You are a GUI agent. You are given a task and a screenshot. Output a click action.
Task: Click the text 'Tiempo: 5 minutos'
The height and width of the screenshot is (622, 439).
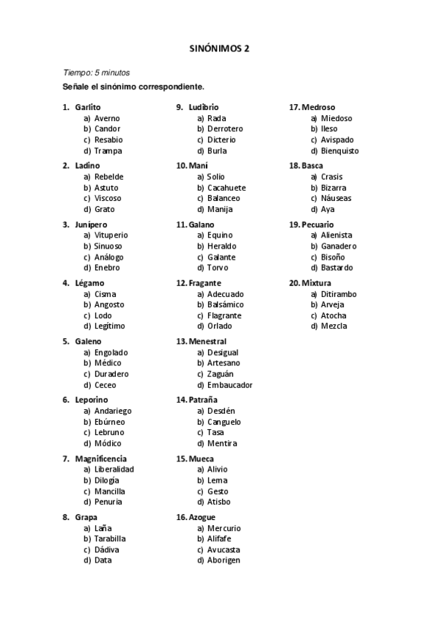coord(96,73)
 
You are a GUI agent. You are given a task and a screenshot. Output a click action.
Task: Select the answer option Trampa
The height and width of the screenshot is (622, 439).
coord(108,150)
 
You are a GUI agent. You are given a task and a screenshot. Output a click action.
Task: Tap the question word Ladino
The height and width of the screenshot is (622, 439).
coord(87,166)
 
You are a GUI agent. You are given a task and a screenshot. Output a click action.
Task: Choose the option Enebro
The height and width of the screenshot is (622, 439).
coord(107,268)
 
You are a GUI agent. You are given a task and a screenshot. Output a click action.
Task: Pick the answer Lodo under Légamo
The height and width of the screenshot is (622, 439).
coord(103,315)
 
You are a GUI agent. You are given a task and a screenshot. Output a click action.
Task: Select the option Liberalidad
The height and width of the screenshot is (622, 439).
coord(114,469)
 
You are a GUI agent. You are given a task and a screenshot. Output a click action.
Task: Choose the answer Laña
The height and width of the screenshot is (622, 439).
coord(103,528)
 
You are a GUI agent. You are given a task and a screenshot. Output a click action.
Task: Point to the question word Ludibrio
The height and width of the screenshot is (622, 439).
coord(203,107)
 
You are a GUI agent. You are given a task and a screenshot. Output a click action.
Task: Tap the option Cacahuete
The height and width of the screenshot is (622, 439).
coord(226,188)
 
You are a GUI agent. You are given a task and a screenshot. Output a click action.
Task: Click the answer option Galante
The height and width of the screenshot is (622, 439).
coord(221,257)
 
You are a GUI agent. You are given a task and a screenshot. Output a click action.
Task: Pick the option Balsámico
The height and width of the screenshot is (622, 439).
coord(226,304)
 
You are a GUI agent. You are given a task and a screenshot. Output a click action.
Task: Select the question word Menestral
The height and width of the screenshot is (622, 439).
coord(207,342)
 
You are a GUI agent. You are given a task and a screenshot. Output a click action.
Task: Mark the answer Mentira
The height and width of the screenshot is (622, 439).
coord(222,443)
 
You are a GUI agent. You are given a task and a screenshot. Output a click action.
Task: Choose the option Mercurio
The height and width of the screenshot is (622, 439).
coord(224,528)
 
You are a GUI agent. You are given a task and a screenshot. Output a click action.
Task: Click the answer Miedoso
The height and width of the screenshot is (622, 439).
coord(336,118)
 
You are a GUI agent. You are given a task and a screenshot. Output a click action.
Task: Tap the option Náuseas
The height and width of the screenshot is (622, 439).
coord(336,198)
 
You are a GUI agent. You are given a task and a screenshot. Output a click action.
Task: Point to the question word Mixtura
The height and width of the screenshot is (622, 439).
coord(316,283)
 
